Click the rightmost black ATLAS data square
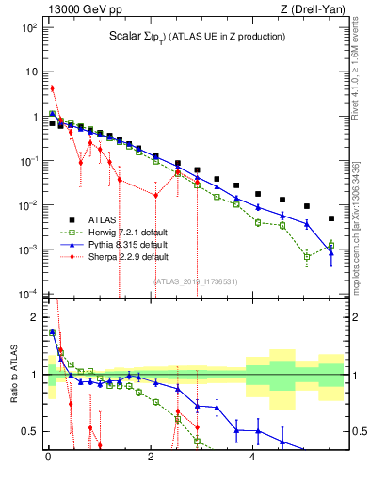click(x=331, y=218)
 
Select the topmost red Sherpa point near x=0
click(x=52, y=88)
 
